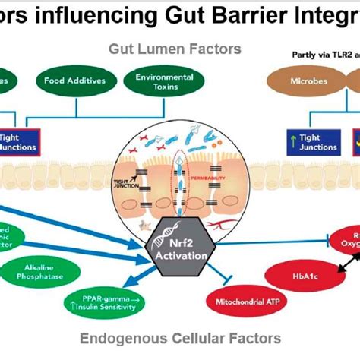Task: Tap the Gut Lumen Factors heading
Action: coord(175,49)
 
